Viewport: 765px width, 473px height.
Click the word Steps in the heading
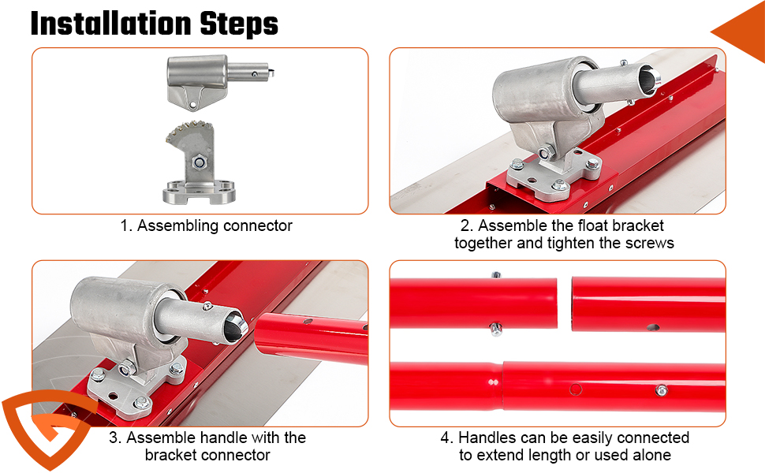(x=239, y=24)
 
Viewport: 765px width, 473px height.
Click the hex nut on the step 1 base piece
(x=198, y=162)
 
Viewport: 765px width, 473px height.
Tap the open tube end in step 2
(x=650, y=79)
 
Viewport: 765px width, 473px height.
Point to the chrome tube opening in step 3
(x=237, y=325)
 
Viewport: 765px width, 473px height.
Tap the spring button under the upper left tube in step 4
(x=496, y=330)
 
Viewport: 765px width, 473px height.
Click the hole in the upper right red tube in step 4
(x=653, y=327)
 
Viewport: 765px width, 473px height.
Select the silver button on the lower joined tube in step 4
(x=662, y=390)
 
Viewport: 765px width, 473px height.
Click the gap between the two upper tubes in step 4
(x=565, y=304)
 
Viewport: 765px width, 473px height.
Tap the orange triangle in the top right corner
(x=741, y=32)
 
